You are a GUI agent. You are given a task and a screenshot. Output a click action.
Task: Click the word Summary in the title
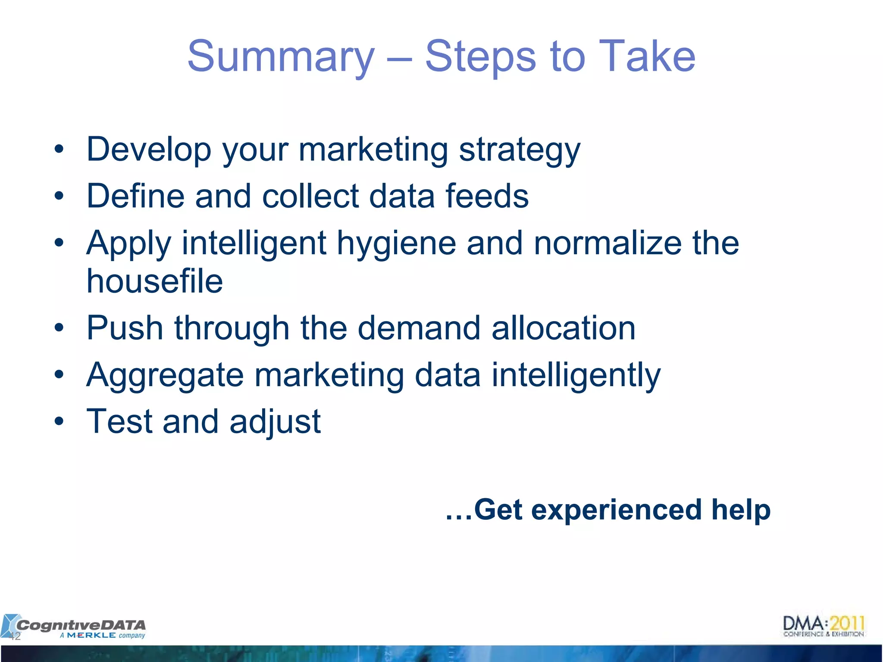281,56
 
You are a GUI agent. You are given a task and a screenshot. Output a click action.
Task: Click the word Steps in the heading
480,56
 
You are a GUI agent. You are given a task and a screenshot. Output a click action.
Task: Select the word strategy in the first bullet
520,150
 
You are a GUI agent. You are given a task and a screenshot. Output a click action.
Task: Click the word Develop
149,150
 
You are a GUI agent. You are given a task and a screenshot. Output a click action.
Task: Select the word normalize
607,244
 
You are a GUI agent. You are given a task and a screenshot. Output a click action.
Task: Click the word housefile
154,281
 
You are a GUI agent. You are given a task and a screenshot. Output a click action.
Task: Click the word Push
125,328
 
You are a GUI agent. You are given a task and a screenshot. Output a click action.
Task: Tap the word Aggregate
165,375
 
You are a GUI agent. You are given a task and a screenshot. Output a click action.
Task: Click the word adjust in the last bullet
275,422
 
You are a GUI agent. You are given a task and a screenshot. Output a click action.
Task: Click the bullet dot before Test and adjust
59,422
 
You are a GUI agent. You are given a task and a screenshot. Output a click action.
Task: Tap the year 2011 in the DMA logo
847,624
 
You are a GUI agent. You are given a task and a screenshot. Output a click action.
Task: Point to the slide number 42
15,636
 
